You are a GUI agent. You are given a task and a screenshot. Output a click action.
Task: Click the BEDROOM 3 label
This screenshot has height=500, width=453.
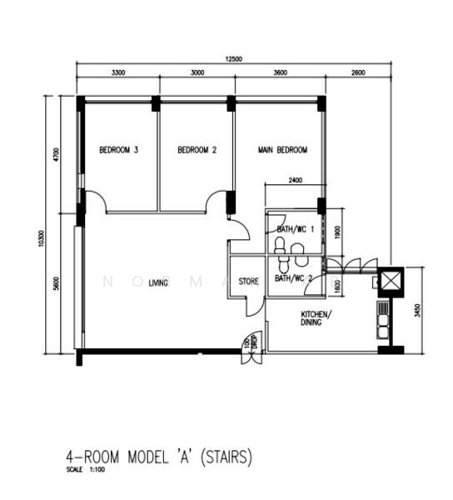(118, 151)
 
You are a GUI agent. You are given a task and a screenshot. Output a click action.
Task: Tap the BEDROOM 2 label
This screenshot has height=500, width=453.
(197, 151)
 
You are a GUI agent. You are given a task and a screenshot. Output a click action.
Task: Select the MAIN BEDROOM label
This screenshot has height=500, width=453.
(282, 151)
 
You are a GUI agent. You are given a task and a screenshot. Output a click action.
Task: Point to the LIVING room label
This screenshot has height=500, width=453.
(158, 283)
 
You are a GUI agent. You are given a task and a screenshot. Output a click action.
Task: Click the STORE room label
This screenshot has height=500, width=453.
(248, 282)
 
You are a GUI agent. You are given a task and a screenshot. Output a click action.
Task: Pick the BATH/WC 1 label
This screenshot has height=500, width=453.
(295, 228)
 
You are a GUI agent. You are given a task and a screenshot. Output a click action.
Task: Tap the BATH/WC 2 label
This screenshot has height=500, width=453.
(293, 278)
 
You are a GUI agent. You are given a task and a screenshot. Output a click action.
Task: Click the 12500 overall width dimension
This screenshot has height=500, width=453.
(233, 58)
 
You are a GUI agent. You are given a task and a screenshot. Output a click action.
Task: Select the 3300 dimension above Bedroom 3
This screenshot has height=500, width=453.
(117, 73)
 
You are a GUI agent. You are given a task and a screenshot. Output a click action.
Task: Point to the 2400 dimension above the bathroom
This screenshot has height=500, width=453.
(295, 180)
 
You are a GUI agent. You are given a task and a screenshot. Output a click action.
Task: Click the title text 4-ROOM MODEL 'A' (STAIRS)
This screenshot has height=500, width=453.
(158, 457)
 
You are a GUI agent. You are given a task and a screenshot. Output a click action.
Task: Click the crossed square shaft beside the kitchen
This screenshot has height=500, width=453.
(390, 281)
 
